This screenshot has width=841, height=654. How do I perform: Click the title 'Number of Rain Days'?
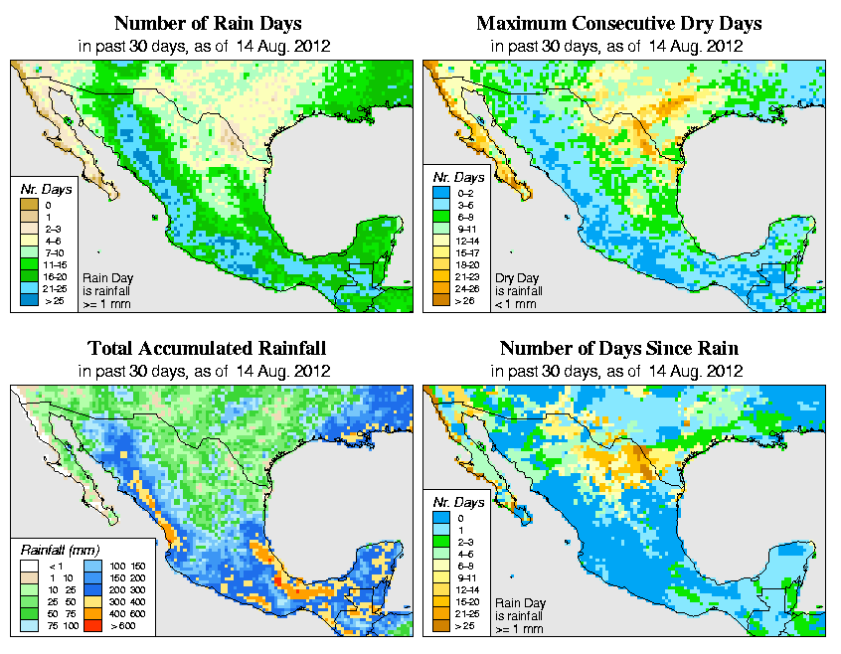click(209, 23)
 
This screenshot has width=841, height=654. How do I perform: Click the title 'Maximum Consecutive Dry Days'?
click(618, 23)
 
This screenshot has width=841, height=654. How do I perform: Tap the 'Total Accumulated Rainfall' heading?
click(206, 349)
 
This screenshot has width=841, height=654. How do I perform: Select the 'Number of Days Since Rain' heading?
click(618, 349)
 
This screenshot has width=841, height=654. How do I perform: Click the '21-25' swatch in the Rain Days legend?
click(30, 288)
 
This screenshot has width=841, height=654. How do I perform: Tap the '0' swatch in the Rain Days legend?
click(30, 205)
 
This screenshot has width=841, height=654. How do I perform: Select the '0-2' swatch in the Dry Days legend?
click(440, 205)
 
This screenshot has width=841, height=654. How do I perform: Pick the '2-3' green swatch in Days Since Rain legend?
click(440, 542)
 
